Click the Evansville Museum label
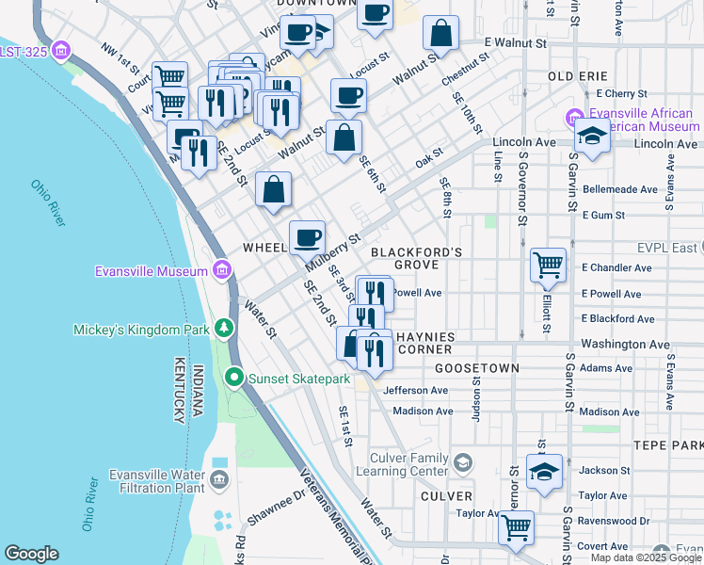tap(151, 272)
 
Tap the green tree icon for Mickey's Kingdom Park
tap(223, 329)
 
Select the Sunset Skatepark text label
tap(298, 379)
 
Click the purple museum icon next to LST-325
tap(62, 49)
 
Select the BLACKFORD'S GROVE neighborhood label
tap(416, 259)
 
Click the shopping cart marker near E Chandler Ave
tap(548, 265)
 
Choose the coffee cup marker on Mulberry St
tap(307, 237)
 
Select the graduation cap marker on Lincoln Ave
tap(592, 137)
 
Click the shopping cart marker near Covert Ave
tap(516, 528)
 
